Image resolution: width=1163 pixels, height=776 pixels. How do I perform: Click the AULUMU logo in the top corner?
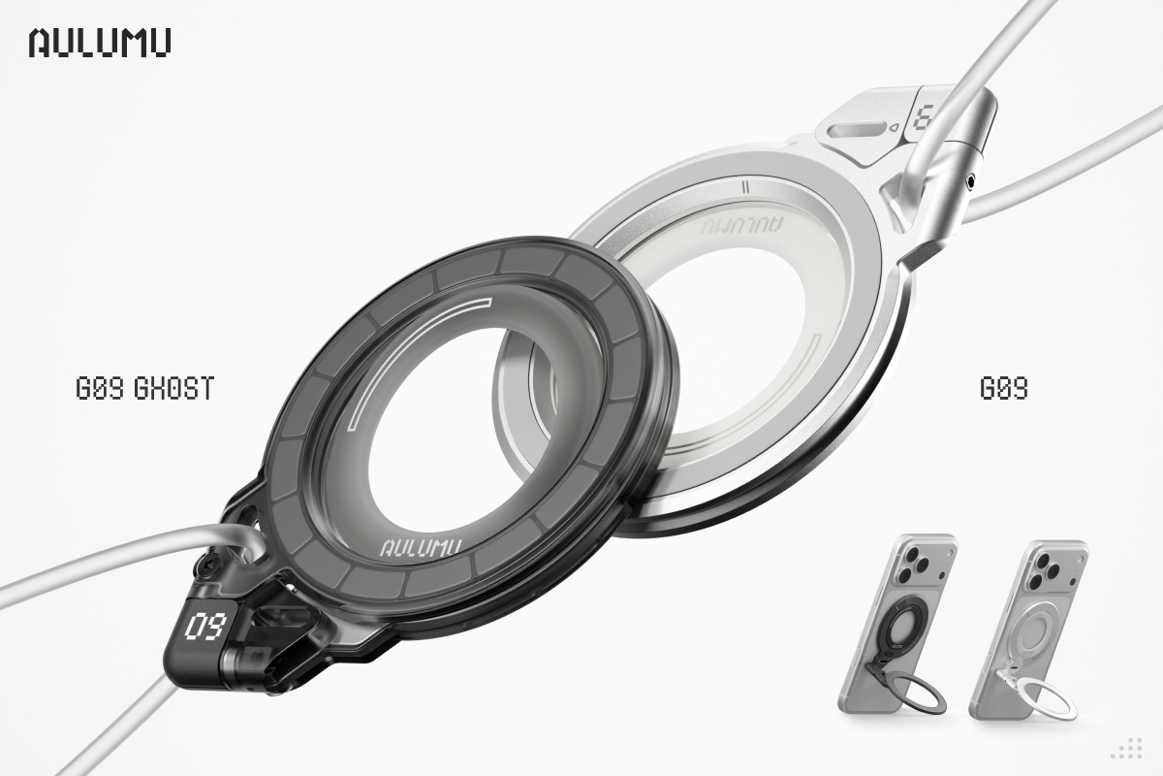(100, 42)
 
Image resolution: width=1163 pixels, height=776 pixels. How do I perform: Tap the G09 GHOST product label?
(144, 388)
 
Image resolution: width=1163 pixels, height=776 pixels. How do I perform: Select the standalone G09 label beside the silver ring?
(1004, 388)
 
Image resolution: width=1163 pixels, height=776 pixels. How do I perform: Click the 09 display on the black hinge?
(206, 626)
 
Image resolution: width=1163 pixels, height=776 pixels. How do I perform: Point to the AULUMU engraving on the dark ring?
(421, 548)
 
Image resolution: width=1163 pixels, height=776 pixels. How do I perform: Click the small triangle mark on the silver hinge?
(895, 126)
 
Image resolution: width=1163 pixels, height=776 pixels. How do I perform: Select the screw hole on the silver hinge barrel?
(970, 181)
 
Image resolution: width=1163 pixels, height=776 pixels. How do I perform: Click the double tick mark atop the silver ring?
(746, 187)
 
